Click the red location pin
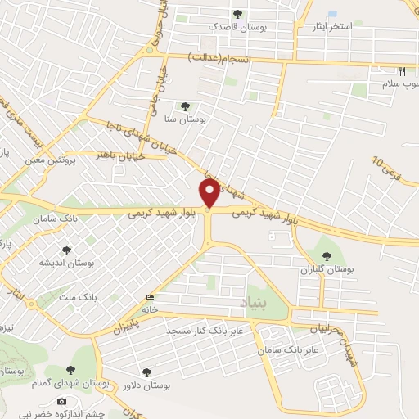click(x=209, y=193)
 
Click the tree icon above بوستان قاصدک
click(x=237, y=14)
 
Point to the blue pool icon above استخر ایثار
click(x=331, y=14)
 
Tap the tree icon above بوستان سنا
click(x=185, y=106)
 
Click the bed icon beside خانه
click(x=149, y=296)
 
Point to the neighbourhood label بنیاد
click(x=254, y=304)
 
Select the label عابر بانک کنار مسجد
click(x=202, y=329)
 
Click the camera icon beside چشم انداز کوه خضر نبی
click(x=61, y=401)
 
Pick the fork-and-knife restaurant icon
click(x=402, y=71)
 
